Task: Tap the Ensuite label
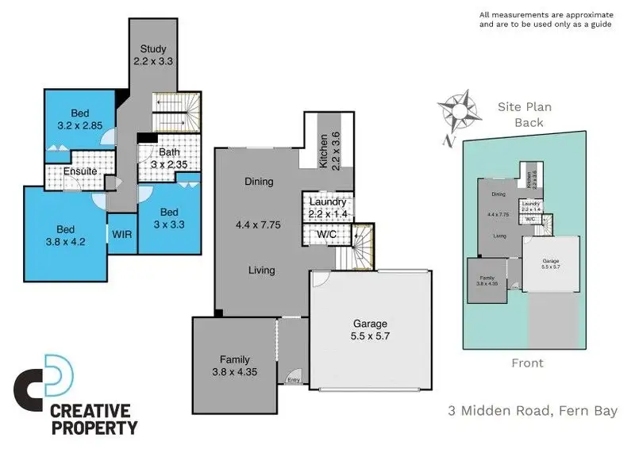[x=80, y=171]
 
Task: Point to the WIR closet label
[x=121, y=235]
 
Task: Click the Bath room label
[x=169, y=152]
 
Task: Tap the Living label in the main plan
[x=261, y=270]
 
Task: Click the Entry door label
[x=294, y=380]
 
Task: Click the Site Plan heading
[x=524, y=106]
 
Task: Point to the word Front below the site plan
[x=527, y=363]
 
